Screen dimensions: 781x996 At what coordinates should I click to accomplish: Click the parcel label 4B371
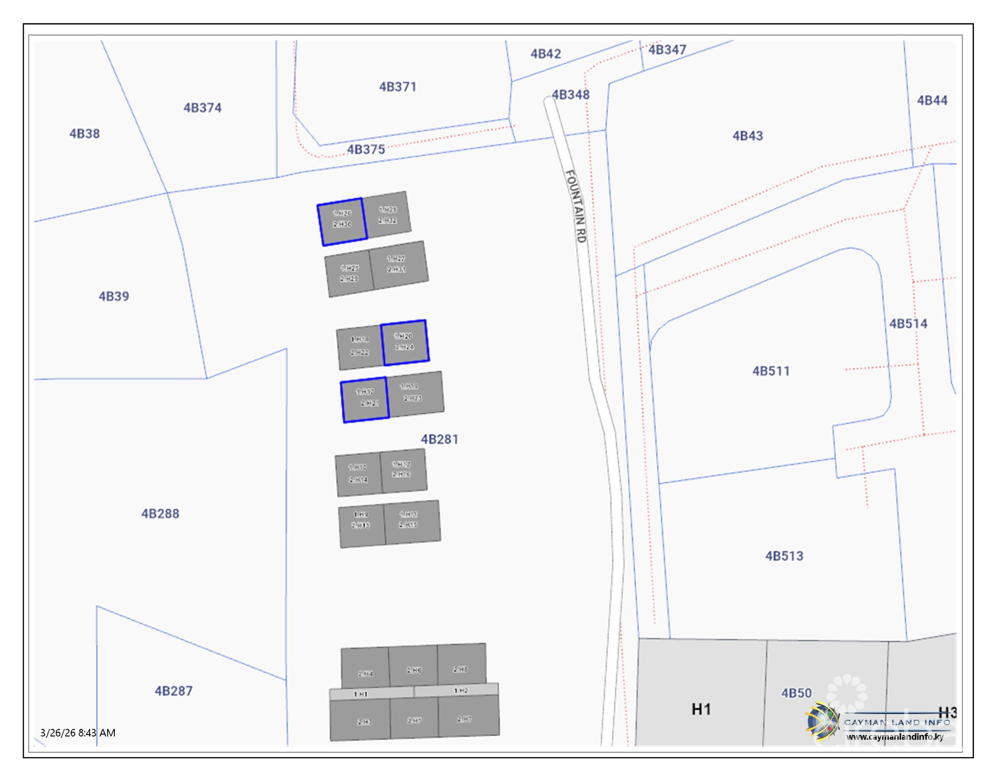(x=397, y=87)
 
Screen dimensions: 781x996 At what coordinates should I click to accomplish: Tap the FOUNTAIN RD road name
(x=576, y=206)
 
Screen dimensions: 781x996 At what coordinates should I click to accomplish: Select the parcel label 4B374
(x=202, y=108)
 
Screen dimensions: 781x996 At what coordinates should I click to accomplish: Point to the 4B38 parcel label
(x=85, y=134)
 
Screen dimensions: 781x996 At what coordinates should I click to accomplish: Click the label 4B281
(x=440, y=439)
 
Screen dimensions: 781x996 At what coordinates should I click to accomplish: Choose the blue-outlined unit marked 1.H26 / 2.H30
(x=342, y=221)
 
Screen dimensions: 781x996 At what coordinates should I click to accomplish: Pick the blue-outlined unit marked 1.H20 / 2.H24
(x=405, y=342)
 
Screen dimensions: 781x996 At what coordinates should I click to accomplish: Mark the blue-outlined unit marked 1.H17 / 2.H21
(x=365, y=399)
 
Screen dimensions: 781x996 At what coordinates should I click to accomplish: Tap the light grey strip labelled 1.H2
(x=460, y=690)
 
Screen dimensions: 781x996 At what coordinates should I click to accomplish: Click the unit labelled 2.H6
(x=413, y=669)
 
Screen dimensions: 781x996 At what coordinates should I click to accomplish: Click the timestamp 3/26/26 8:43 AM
(x=78, y=732)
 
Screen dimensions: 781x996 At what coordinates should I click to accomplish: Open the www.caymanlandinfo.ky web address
(x=895, y=737)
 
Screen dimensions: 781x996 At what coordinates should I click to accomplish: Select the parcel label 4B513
(x=784, y=556)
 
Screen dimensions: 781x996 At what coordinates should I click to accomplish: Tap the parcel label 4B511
(x=770, y=371)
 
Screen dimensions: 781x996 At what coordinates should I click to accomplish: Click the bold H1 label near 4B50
(x=701, y=709)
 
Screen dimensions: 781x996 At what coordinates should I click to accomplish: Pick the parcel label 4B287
(x=173, y=690)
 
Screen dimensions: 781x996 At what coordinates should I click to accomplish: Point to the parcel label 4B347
(x=667, y=50)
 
